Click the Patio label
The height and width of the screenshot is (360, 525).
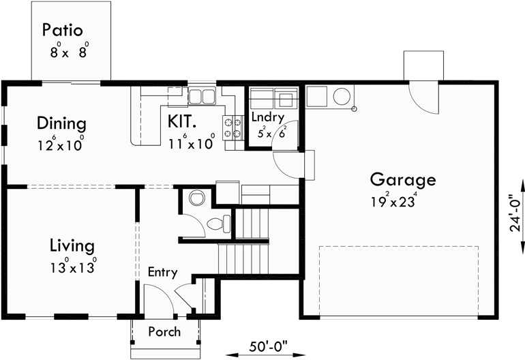[x=62, y=30]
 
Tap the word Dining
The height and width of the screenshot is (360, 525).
[x=61, y=124]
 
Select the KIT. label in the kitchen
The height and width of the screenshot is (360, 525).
[x=182, y=122]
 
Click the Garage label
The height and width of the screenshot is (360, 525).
[x=402, y=180]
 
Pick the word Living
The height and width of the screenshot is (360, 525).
[x=72, y=245]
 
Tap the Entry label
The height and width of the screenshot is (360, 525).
[x=162, y=273]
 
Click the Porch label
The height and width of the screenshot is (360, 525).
[x=164, y=332]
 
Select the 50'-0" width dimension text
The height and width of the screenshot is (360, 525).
[x=269, y=347]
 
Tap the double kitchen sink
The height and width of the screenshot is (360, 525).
[x=201, y=96]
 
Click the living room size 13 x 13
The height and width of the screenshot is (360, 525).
[x=72, y=266]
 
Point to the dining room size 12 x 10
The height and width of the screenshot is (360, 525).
[x=62, y=145]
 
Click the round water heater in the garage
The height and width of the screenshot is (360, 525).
[x=341, y=97]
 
